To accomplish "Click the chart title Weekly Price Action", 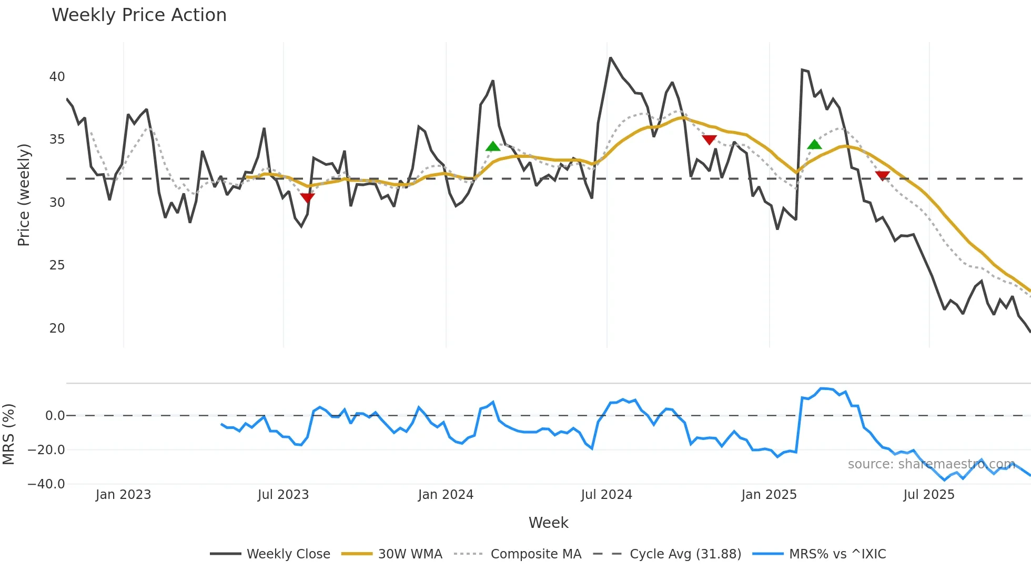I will pos(139,15).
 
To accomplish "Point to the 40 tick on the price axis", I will pos(57,77).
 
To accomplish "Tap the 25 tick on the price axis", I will pos(57,265).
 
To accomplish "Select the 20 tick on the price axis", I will pos(57,328).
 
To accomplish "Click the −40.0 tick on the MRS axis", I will pos(46,484).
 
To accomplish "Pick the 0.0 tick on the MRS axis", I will pos(55,416).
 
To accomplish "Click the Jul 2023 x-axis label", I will pos(283,495).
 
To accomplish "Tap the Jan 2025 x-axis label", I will pos(769,495).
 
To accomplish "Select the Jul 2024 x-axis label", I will pos(606,495).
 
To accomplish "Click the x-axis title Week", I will pos(548,523).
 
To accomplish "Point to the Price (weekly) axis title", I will pos(24,195).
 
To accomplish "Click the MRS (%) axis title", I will pos(8,434).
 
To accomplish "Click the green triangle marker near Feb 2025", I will pos(814,145).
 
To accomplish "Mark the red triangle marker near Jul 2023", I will pos(307,198).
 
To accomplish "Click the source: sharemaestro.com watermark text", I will pos(931,464).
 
